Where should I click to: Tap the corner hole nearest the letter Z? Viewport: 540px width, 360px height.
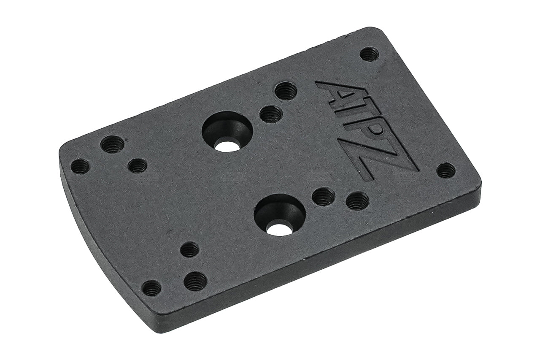click(x=445, y=171)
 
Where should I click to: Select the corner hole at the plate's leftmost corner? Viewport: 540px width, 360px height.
click(x=80, y=167)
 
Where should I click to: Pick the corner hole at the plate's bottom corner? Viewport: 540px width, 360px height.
click(x=151, y=289)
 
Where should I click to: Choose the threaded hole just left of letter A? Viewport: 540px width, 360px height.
click(x=286, y=91)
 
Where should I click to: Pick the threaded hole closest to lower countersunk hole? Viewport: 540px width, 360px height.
click(x=324, y=195)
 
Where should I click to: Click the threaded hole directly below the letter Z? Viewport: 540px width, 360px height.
click(x=357, y=201)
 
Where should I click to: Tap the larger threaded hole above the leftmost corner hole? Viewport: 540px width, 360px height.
click(x=112, y=145)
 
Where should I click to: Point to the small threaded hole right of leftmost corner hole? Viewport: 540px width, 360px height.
click(x=137, y=166)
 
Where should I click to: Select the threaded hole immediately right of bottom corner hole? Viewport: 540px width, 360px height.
click(x=195, y=280)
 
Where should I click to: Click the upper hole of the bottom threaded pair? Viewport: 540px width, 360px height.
click(x=189, y=250)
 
